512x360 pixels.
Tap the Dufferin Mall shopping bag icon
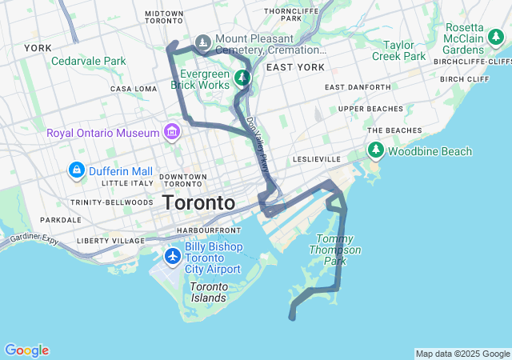(x=77, y=170)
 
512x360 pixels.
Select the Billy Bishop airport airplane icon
(x=172, y=257)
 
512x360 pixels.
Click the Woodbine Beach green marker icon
(x=375, y=150)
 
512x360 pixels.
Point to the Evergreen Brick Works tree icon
(x=242, y=78)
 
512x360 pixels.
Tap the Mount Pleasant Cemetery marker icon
(x=203, y=42)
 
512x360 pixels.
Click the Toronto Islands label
(x=209, y=292)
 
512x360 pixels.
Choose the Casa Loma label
(x=132, y=89)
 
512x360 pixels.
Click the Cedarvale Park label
(x=89, y=61)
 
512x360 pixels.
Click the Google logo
(x=26, y=350)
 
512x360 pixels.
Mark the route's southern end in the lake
(x=292, y=318)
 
